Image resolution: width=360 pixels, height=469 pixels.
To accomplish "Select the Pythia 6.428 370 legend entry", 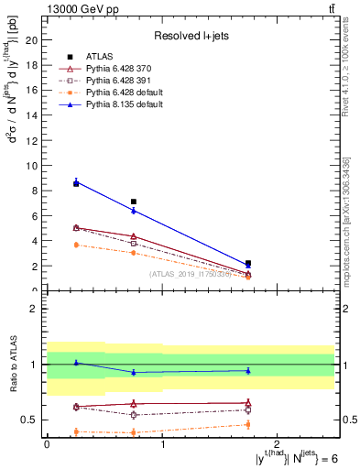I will coord(117,70).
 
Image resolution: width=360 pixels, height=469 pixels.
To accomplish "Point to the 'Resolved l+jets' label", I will coord(190,37).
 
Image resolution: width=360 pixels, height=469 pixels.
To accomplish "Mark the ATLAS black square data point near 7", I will coord(134,202).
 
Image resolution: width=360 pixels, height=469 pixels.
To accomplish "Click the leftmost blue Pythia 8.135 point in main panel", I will coord(76,182).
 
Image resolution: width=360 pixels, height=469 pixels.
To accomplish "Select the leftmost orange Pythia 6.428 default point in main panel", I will coord(76,245).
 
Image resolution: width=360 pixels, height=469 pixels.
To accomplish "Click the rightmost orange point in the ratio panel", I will coord(248,424).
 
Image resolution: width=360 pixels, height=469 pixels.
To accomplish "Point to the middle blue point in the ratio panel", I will coord(134,372).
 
